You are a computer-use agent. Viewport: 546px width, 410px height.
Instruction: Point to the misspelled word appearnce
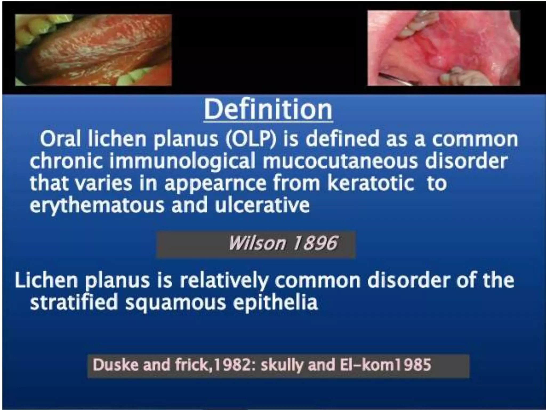tap(215, 184)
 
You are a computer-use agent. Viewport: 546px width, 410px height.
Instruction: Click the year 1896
tap(315, 243)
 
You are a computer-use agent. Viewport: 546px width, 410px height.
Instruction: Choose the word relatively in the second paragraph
tap(224, 281)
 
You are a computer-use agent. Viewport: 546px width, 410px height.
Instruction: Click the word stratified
tap(74, 302)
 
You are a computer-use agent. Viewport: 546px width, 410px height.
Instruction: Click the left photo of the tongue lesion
tap(93, 50)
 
